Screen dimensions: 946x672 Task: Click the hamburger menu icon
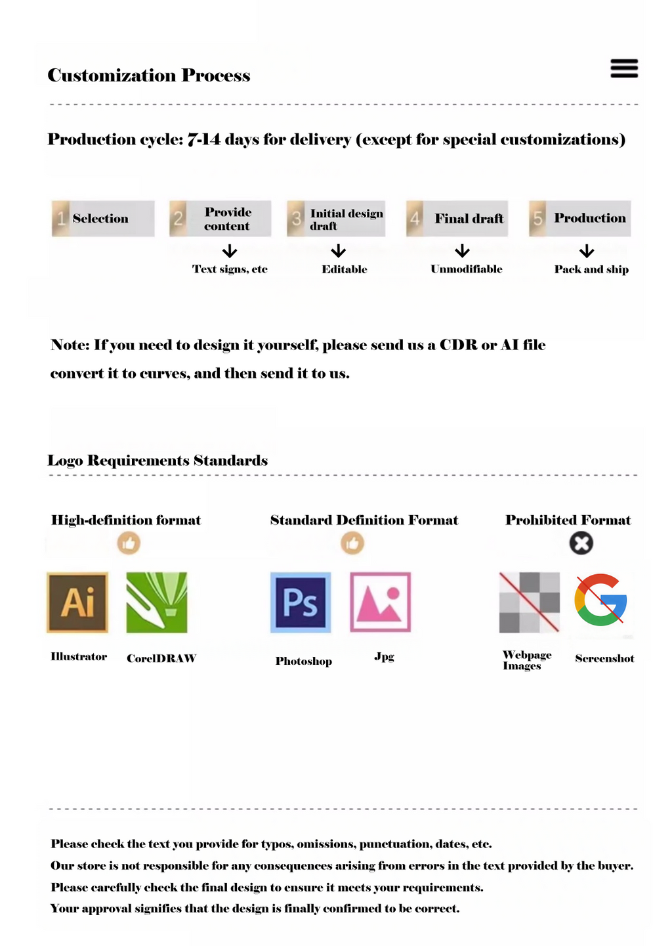623,68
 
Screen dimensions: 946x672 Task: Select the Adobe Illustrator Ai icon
77,602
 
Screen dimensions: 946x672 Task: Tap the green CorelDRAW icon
157,602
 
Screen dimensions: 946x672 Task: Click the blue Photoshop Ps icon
301,602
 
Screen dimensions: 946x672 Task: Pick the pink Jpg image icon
381,602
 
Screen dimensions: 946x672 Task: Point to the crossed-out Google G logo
600,600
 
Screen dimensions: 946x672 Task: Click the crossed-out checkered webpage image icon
530,602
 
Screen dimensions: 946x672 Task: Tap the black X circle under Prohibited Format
581,543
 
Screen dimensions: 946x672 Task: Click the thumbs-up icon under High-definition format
129,543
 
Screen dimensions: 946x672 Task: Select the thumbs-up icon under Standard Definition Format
352,543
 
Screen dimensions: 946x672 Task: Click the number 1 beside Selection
61,219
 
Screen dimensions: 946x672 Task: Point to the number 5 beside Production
538,219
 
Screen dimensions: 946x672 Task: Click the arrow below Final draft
463,251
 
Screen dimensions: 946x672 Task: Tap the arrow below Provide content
230,251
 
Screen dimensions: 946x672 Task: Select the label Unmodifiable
467,269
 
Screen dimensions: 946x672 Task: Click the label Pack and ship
591,269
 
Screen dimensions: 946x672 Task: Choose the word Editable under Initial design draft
345,269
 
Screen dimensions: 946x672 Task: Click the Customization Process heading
149,76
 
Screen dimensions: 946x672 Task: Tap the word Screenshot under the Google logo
604,658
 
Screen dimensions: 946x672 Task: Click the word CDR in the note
458,345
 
